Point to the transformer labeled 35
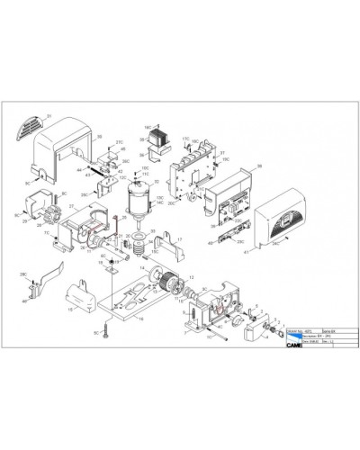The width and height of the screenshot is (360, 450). coord(162,140)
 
